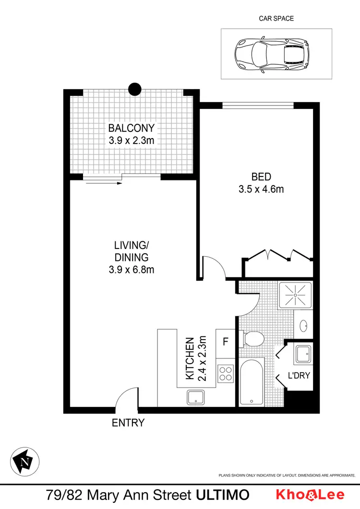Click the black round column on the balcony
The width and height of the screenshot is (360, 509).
[x=135, y=89]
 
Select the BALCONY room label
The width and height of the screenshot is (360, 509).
[x=131, y=128]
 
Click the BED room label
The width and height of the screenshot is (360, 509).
[x=261, y=177]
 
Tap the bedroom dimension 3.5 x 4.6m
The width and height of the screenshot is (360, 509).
[x=261, y=189]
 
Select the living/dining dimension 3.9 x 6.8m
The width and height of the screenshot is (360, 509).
[x=131, y=270]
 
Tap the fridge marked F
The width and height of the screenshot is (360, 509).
[x=225, y=342]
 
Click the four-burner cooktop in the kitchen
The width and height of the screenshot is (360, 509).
[x=225, y=374]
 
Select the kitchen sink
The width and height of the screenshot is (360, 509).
[x=196, y=397]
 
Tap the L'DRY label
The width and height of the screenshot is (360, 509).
[x=298, y=376]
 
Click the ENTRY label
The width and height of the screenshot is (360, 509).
[x=128, y=423]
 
